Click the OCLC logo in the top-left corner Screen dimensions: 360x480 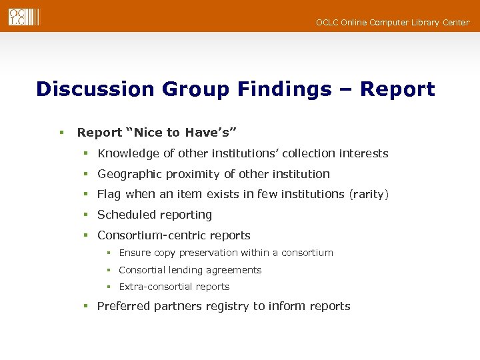24,17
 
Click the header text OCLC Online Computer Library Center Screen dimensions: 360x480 392,23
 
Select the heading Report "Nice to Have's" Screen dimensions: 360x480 157,133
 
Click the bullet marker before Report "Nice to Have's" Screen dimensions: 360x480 61,133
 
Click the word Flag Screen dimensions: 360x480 109,195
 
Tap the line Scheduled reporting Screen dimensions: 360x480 155,215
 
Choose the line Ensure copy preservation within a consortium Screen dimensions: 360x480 226,253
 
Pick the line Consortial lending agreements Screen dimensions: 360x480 190,270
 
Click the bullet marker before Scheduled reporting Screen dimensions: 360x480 86,215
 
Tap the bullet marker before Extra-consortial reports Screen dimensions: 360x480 109,287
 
